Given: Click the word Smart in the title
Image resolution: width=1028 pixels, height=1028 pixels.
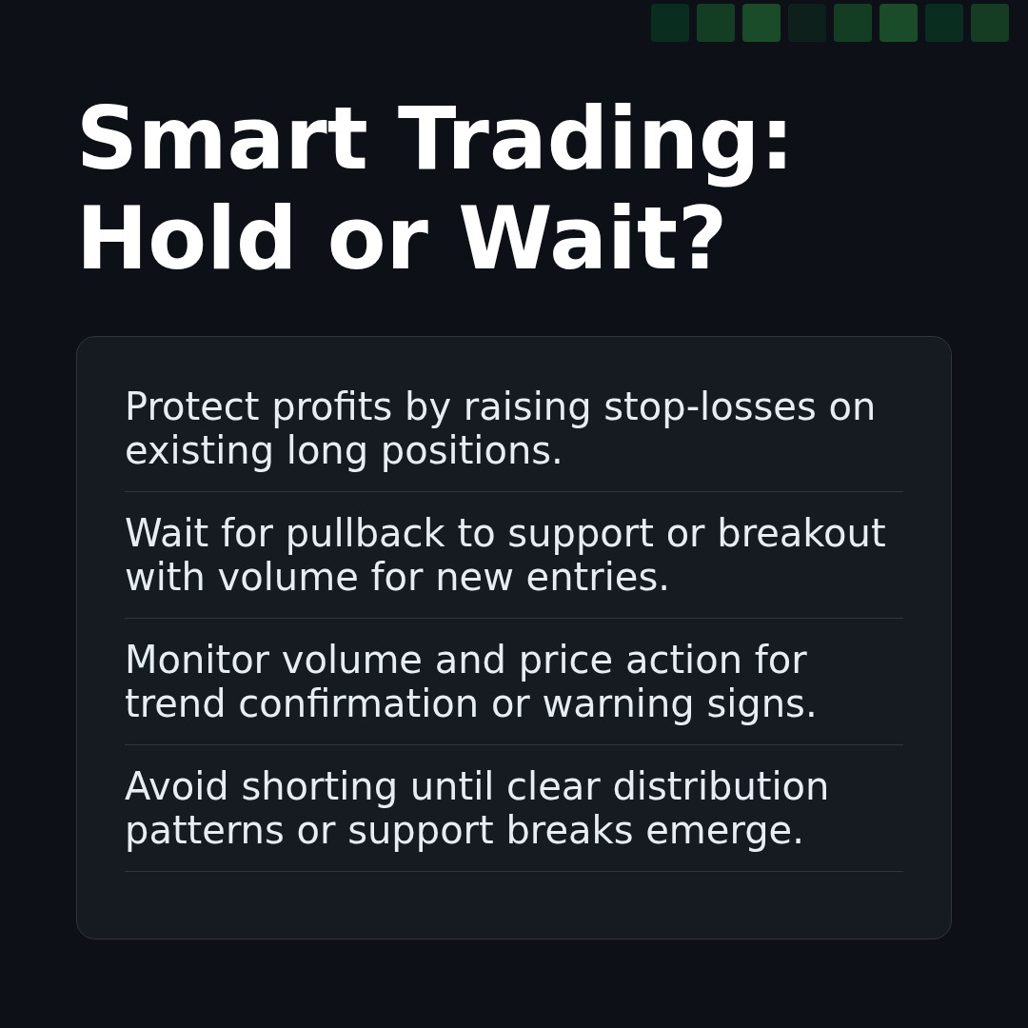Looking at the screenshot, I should click(222, 142).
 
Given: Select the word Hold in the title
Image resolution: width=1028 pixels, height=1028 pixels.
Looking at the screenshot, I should click(187, 242).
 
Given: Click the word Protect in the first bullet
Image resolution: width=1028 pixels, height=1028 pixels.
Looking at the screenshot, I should click(191, 408).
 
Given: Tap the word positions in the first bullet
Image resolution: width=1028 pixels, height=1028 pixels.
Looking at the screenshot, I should click(471, 452).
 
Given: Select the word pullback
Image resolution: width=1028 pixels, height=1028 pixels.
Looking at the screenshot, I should click(365, 535).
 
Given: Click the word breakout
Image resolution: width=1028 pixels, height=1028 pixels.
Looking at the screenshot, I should click(801, 535).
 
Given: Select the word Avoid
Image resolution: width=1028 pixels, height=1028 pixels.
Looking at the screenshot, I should click(176, 788).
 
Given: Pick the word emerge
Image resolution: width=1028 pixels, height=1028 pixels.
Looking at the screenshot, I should click(724, 832).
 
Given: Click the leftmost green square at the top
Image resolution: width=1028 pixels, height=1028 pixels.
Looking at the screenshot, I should click(670, 23).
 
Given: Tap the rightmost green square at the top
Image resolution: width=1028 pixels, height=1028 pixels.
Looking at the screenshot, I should click(990, 23).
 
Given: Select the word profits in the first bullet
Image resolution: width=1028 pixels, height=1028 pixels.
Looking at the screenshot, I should click(331, 408).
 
